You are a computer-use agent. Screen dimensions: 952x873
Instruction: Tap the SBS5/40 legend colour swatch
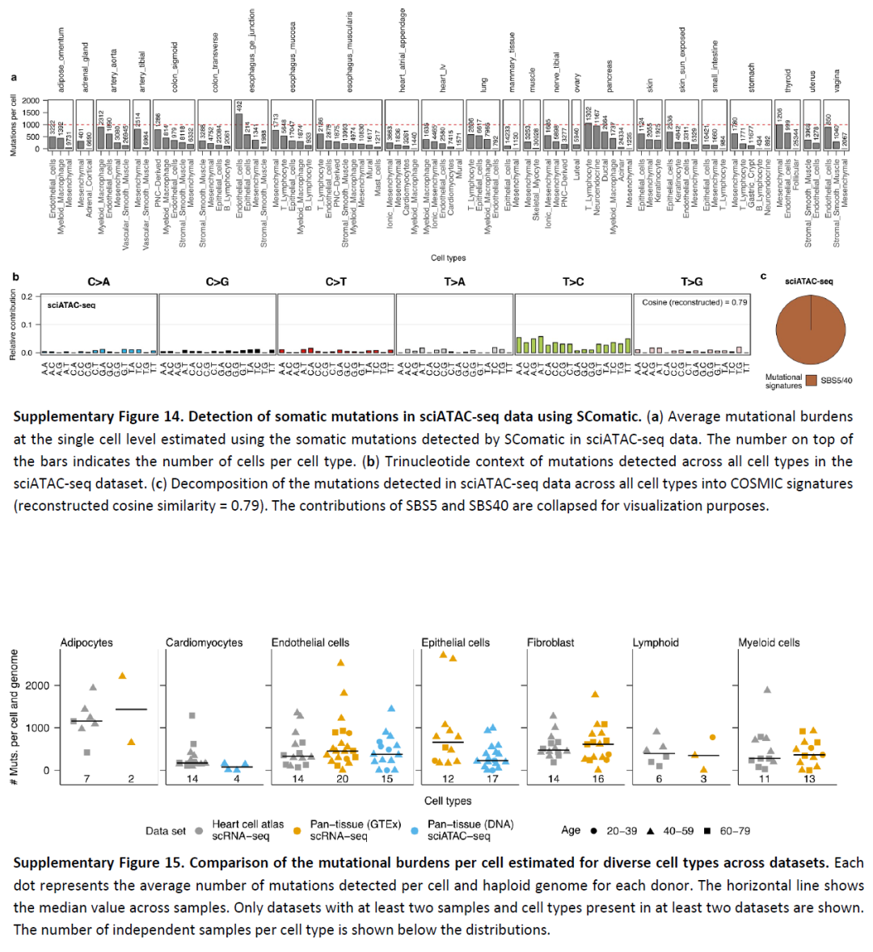tap(811, 381)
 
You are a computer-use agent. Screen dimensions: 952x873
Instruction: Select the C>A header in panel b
tap(99, 282)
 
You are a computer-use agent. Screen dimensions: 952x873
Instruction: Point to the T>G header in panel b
tap(691, 282)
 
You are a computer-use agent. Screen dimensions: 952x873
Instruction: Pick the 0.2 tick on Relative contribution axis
tap(27, 297)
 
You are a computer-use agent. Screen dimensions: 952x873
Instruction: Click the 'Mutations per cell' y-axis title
tap(14, 124)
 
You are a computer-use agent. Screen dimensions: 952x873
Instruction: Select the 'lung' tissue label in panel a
tap(484, 84)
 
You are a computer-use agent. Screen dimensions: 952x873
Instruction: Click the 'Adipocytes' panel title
tap(86, 642)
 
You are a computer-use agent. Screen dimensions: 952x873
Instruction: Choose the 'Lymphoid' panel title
tap(656, 642)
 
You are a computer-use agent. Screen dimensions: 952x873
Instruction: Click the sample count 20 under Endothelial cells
tap(342, 779)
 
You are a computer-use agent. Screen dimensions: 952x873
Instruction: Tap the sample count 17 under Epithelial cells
tap(493, 779)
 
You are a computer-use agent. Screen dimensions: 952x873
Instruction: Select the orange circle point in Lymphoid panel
tap(712, 737)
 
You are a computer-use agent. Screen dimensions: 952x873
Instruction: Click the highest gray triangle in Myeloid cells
tap(767, 689)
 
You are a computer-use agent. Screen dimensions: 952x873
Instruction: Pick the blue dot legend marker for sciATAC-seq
tap(415, 830)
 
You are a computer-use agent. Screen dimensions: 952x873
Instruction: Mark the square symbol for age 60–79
tap(706, 830)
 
